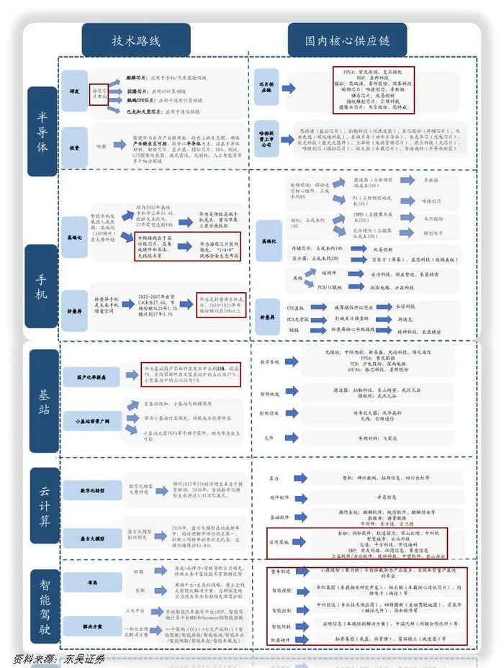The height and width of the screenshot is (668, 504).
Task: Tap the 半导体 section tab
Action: [x=43, y=131]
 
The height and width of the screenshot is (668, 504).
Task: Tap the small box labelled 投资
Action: [x=75, y=146]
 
